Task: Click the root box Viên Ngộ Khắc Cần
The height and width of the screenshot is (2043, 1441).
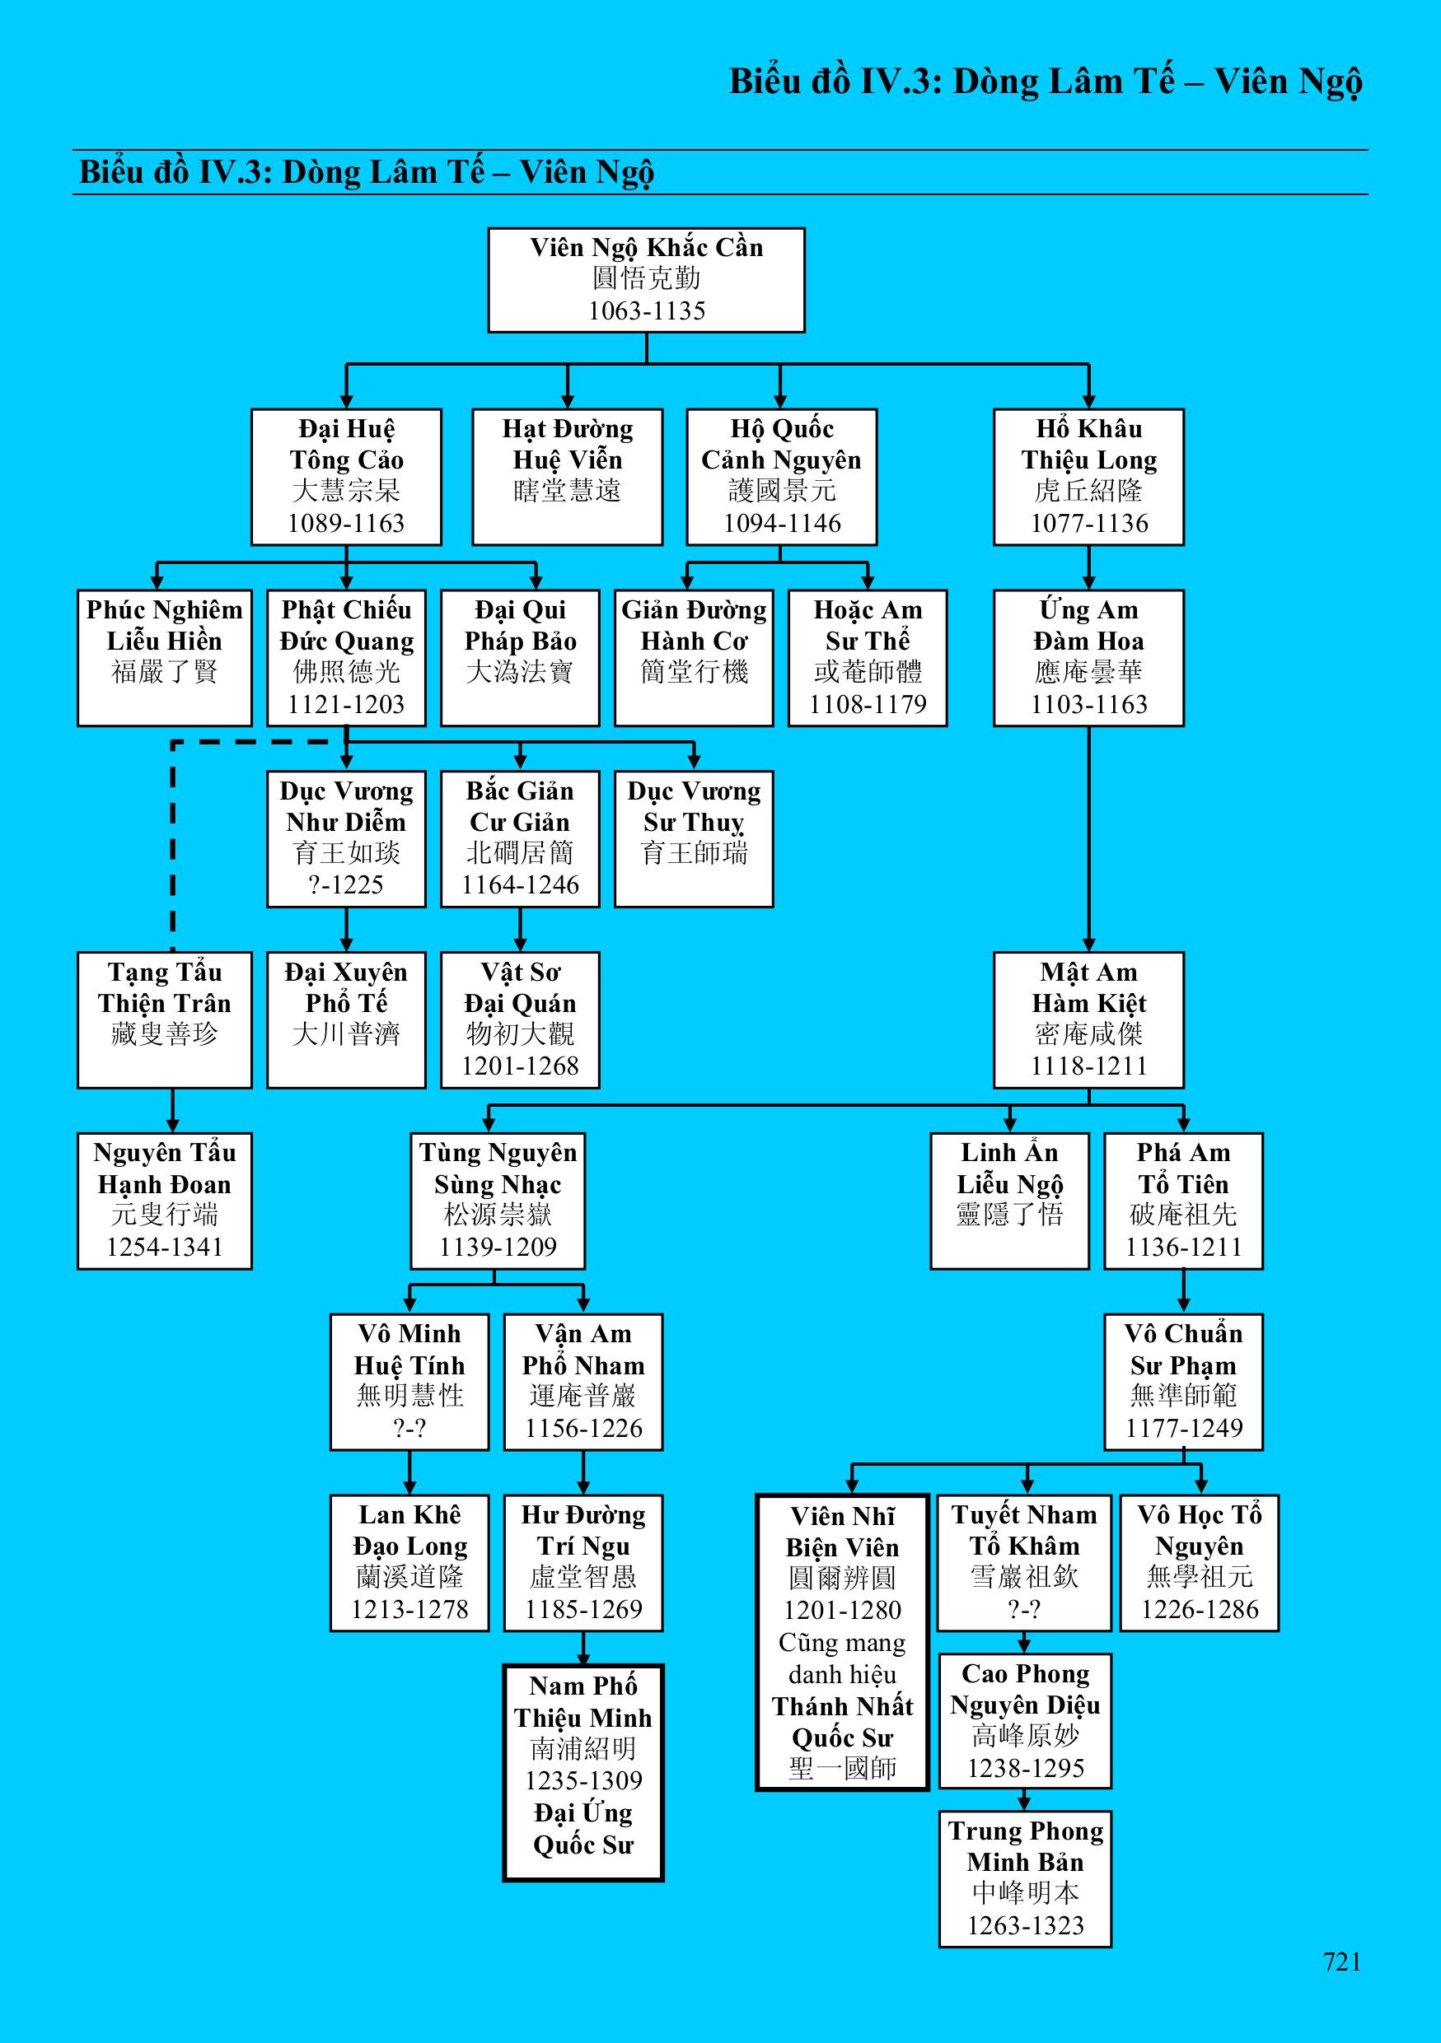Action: (646, 280)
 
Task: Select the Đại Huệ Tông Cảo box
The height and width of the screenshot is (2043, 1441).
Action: (346, 477)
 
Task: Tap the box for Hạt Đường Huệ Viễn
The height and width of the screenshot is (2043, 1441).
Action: (567, 477)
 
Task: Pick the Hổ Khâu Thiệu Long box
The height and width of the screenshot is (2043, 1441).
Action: (1088, 477)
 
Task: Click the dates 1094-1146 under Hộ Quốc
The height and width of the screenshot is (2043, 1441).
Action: (782, 523)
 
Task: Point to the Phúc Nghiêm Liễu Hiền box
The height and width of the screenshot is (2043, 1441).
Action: (165, 658)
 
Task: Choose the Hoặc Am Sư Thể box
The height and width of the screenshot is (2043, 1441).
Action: (868, 658)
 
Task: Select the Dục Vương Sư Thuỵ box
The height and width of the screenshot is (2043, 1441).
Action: (694, 839)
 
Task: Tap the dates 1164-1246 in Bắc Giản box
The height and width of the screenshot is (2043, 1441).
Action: (520, 885)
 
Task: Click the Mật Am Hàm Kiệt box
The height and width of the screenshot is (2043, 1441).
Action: (1088, 1019)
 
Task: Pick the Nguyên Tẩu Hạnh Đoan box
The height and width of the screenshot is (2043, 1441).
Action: (165, 1201)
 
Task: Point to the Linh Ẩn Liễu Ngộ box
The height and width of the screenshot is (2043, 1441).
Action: (1009, 1201)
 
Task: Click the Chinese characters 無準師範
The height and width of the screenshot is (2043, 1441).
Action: (1183, 1395)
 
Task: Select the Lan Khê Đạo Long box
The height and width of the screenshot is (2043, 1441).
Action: (409, 1562)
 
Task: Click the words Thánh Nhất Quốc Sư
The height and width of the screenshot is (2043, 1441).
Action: (842, 1722)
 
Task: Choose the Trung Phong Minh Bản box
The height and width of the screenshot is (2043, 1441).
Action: (1026, 1878)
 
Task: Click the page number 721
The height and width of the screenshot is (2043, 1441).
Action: (1341, 1962)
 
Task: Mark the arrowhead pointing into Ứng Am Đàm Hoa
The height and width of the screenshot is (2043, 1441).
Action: (1088, 581)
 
